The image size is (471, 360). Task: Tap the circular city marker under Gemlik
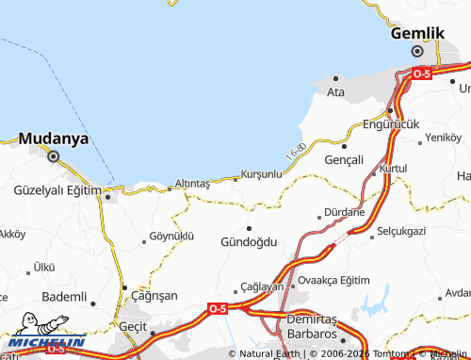point(416,51)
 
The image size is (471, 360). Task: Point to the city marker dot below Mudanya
point(53,157)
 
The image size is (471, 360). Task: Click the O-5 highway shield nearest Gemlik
point(421,73)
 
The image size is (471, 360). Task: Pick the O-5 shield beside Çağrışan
point(217,308)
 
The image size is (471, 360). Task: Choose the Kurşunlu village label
point(261,174)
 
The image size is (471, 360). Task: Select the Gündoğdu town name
point(249,241)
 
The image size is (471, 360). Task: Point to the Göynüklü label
point(171,236)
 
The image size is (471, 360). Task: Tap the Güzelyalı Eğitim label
point(57,190)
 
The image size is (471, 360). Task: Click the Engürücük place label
point(390,123)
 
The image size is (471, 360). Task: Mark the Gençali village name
point(343,160)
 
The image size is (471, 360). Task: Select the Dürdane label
point(344,212)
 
